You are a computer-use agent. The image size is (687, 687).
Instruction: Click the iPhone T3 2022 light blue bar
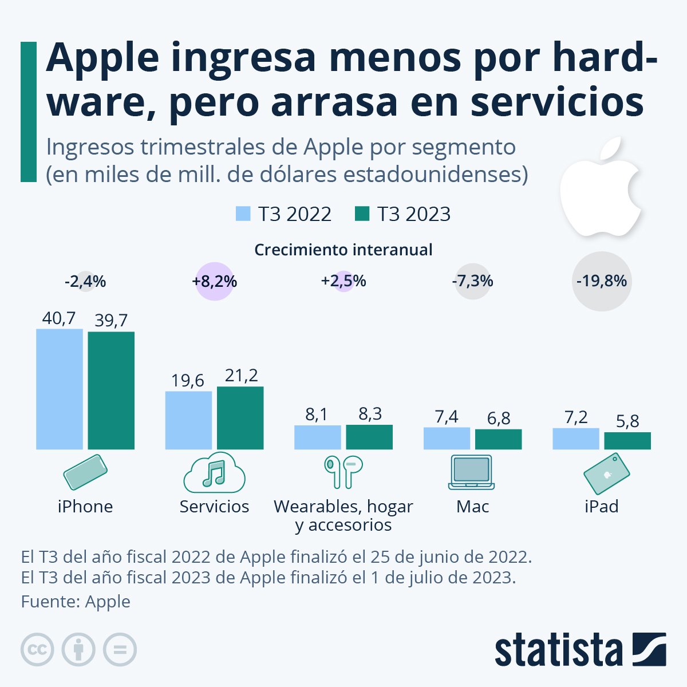tap(60, 389)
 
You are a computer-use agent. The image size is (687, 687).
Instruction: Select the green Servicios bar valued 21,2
tap(240, 418)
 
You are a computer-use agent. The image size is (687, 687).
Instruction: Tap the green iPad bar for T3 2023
tap(627, 441)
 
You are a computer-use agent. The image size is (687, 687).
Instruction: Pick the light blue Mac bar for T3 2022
tap(447, 438)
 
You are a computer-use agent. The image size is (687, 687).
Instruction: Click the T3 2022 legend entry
tap(284, 214)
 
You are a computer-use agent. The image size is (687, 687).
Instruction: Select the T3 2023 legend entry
tap(403, 214)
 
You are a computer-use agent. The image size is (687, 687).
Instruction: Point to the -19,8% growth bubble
tap(602, 281)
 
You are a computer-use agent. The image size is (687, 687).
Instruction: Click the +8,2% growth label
tap(215, 282)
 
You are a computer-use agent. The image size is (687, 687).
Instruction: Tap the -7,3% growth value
tap(472, 281)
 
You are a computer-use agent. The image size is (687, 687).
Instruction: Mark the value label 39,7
tap(111, 321)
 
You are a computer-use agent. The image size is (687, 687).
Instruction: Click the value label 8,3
tap(370, 414)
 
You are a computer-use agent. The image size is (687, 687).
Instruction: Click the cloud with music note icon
tap(214, 472)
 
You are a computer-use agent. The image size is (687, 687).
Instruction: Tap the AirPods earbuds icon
tap(343, 472)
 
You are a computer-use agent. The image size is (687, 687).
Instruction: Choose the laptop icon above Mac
tap(471, 472)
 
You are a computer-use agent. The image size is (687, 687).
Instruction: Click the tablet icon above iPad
tap(606, 473)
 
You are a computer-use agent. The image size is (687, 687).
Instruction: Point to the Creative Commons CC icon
tap(37, 650)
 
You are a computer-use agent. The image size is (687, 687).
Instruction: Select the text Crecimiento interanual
tap(343, 250)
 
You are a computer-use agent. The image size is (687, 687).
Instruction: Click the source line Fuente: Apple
tap(76, 602)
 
